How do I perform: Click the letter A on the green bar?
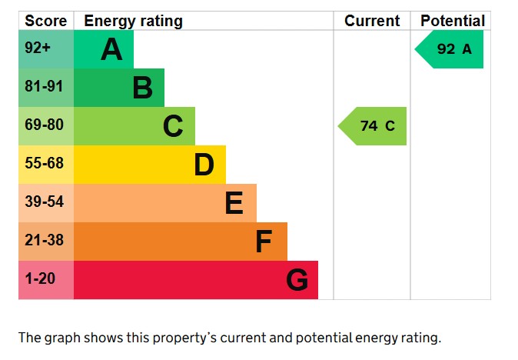(111, 50)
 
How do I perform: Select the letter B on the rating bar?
(142, 88)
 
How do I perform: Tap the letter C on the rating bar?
(173, 126)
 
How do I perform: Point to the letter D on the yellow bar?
(204, 165)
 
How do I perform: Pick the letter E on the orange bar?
(234, 203)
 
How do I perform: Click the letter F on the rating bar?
(264, 242)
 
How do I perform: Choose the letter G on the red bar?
(297, 280)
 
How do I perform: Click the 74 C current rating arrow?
(374, 126)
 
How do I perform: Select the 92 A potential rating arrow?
(450, 49)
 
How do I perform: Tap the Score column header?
(45, 21)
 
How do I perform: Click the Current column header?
(372, 21)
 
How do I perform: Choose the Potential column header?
(452, 21)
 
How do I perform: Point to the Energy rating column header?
(133, 21)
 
